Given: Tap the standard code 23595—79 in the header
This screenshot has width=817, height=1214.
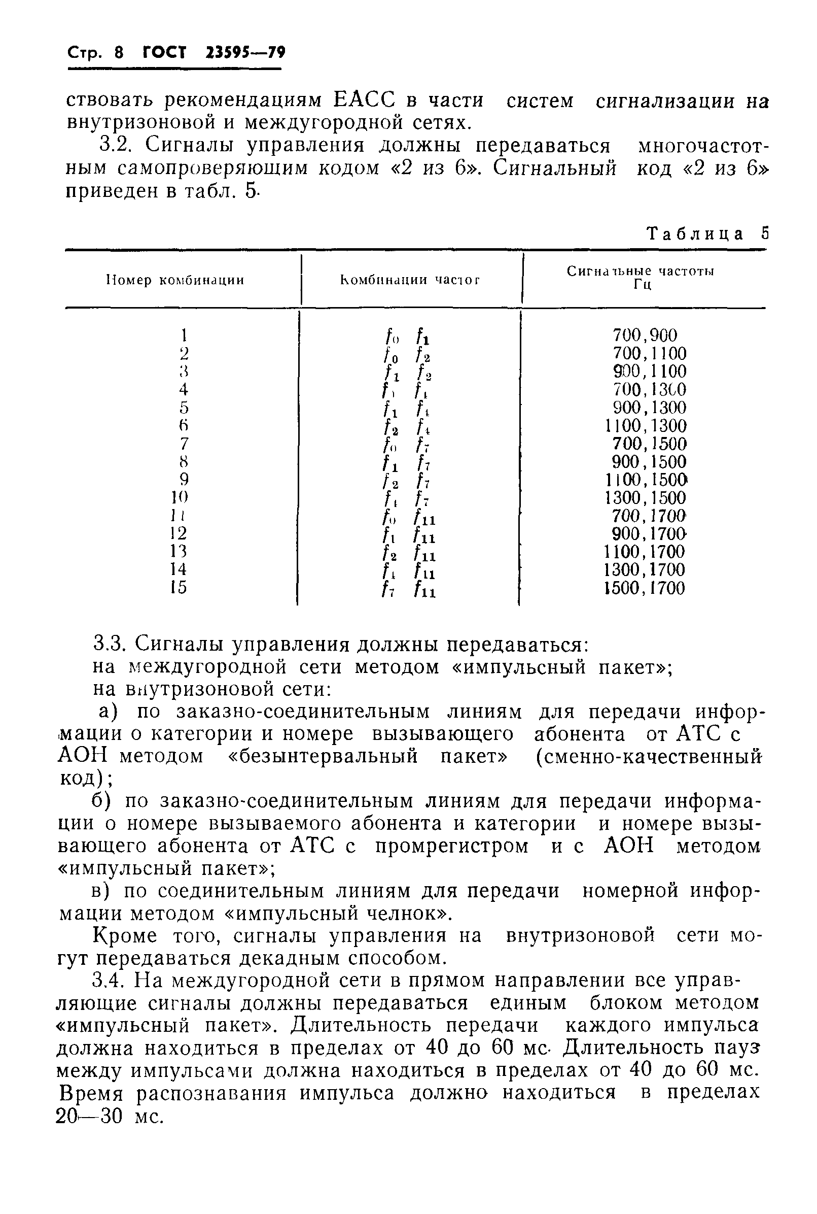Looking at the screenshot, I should click(x=245, y=53).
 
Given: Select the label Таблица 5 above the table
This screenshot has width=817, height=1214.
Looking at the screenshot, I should click(x=707, y=233).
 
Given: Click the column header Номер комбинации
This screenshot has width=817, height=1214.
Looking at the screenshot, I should click(x=175, y=281).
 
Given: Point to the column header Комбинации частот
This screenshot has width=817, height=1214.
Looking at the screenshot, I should click(x=410, y=281).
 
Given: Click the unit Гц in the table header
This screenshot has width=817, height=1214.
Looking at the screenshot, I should click(x=643, y=286).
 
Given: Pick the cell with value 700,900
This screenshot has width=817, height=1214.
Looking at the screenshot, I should click(x=645, y=335).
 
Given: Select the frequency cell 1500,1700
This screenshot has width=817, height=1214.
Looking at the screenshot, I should click(x=645, y=588).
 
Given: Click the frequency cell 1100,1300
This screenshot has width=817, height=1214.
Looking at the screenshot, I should click(x=646, y=426).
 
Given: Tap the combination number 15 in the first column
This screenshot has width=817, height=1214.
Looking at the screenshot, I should click(x=179, y=588).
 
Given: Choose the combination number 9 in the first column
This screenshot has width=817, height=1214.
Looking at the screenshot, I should click(x=184, y=479).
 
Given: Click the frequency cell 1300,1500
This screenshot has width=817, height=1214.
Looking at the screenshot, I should click(x=646, y=498).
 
